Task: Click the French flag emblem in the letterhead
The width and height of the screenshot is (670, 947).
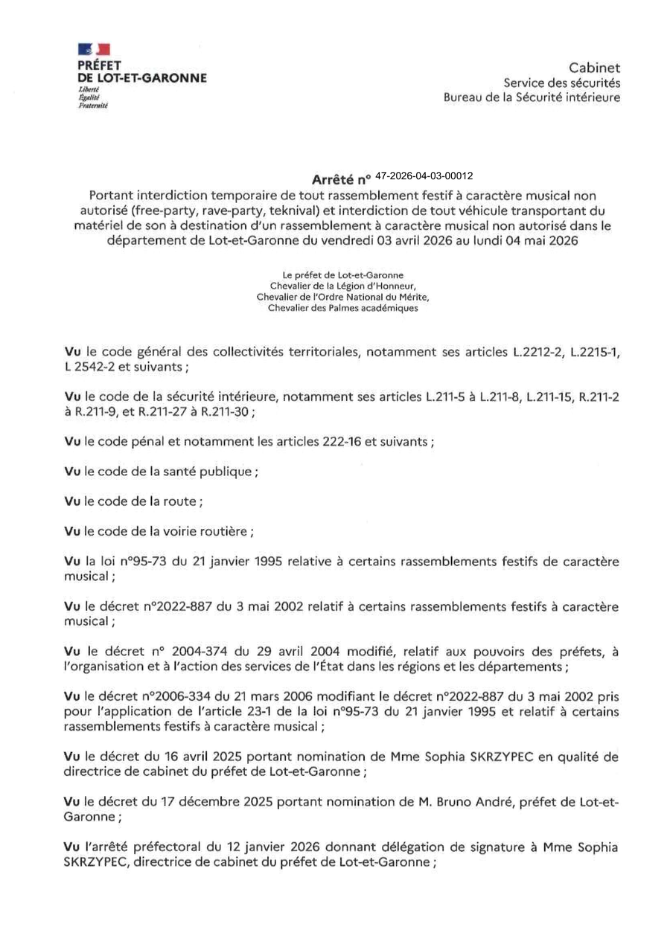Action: click(x=94, y=50)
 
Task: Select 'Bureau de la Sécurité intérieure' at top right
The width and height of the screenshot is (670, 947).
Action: click(x=532, y=97)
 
